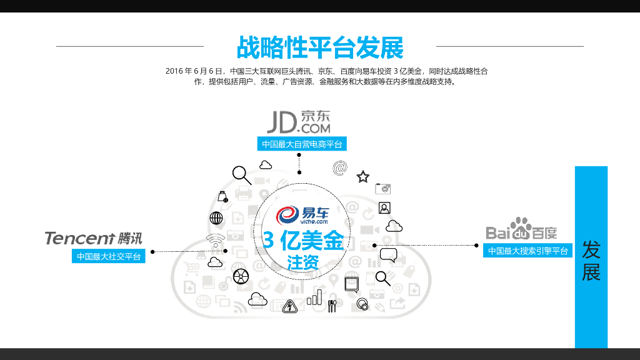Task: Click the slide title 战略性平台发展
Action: click(319, 47)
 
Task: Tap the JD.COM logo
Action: click(299, 122)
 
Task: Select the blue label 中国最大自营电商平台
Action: click(302, 144)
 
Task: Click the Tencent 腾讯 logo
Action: click(93, 238)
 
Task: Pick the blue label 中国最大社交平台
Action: click(109, 256)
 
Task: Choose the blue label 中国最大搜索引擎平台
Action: click(528, 251)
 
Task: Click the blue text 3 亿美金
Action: click(303, 241)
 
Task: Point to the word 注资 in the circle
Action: click(303, 262)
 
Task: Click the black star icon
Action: click(363, 177)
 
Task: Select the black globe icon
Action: click(216, 218)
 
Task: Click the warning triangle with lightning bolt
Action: click(289, 306)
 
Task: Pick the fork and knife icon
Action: click(332, 306)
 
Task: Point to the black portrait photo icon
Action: click(384, 207)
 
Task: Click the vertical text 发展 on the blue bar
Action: click(591, 261)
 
